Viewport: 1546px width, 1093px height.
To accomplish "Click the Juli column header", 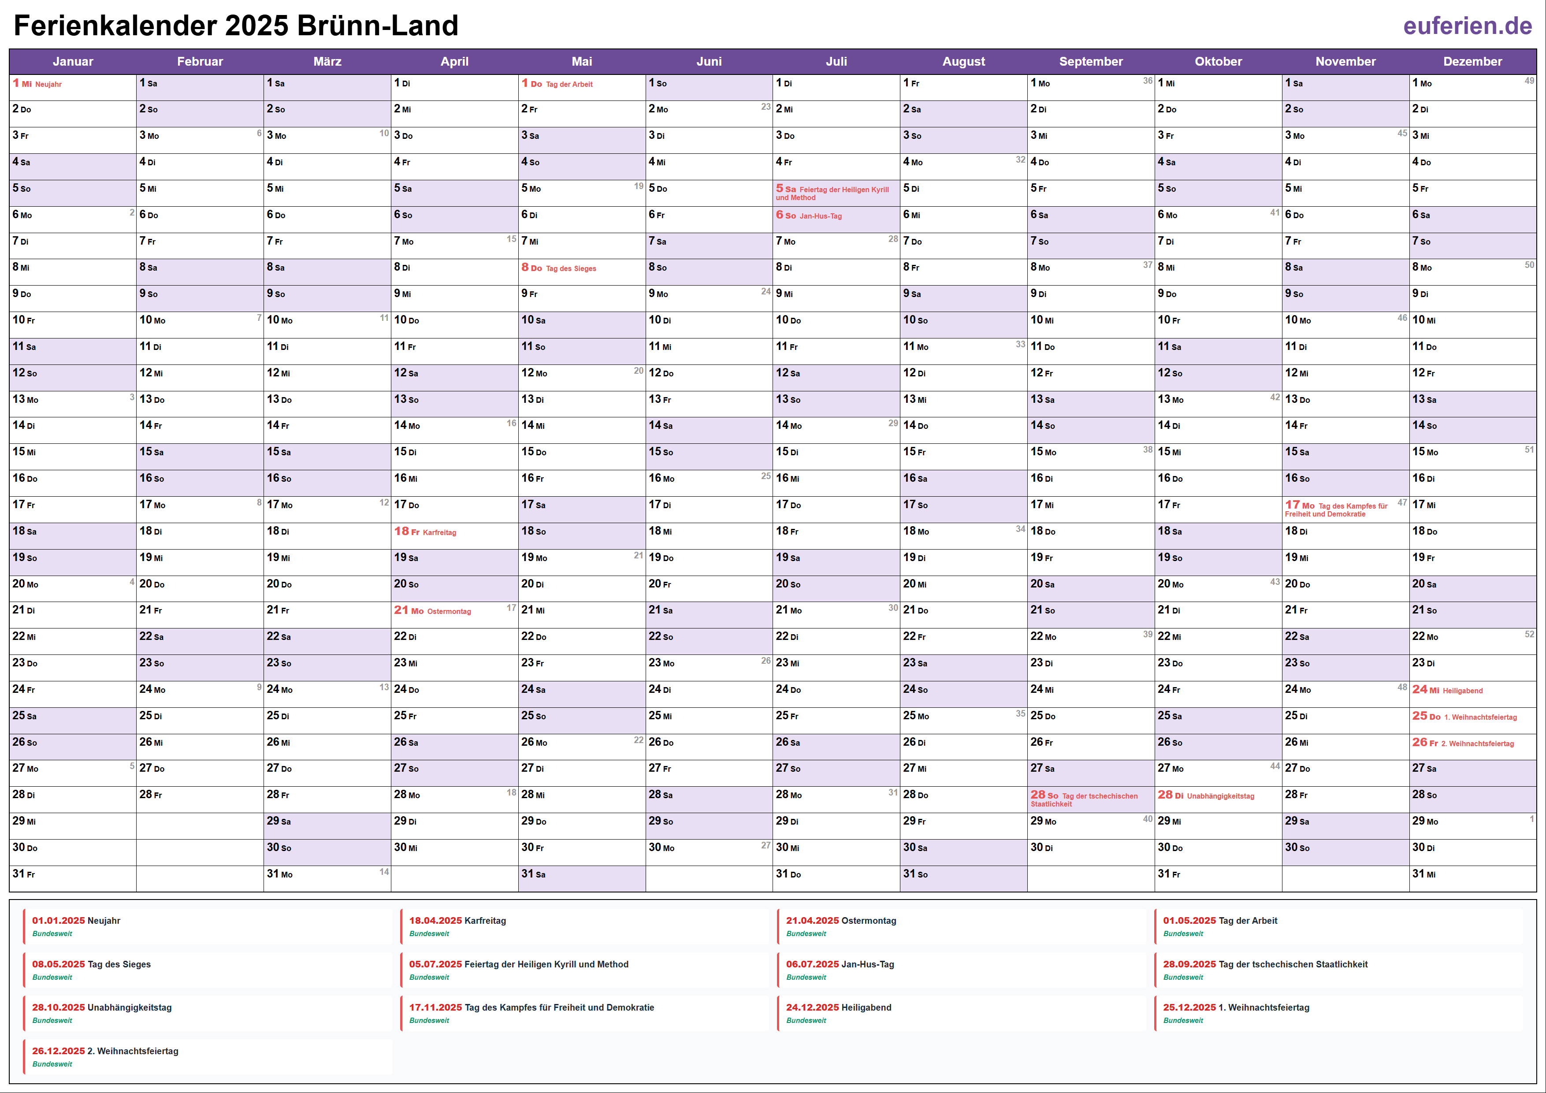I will pos(836,61).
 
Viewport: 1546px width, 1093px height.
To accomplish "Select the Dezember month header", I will pos(1472,61).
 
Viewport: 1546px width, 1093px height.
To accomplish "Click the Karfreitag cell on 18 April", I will pos(454,532).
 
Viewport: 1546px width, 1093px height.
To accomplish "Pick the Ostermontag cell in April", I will pos(454,611).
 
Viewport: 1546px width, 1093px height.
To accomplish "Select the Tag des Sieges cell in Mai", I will pos(581,268).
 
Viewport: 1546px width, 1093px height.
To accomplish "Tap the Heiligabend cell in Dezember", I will pos(1472,690).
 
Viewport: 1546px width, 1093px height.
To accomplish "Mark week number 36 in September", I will pos(1147,81).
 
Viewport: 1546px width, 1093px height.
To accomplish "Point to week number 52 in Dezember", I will pos(1529,634).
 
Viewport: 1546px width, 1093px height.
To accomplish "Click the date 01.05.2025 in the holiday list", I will pos(1189,921).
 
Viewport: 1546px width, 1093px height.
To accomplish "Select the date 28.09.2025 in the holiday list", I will pos(1189,964).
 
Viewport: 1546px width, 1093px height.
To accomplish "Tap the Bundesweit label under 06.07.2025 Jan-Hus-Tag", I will pos(806,977).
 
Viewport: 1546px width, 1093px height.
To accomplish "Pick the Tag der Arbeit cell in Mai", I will pos(581,84).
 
